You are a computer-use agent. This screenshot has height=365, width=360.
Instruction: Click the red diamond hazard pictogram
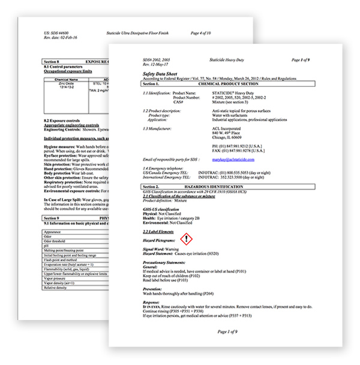coord(187,239)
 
